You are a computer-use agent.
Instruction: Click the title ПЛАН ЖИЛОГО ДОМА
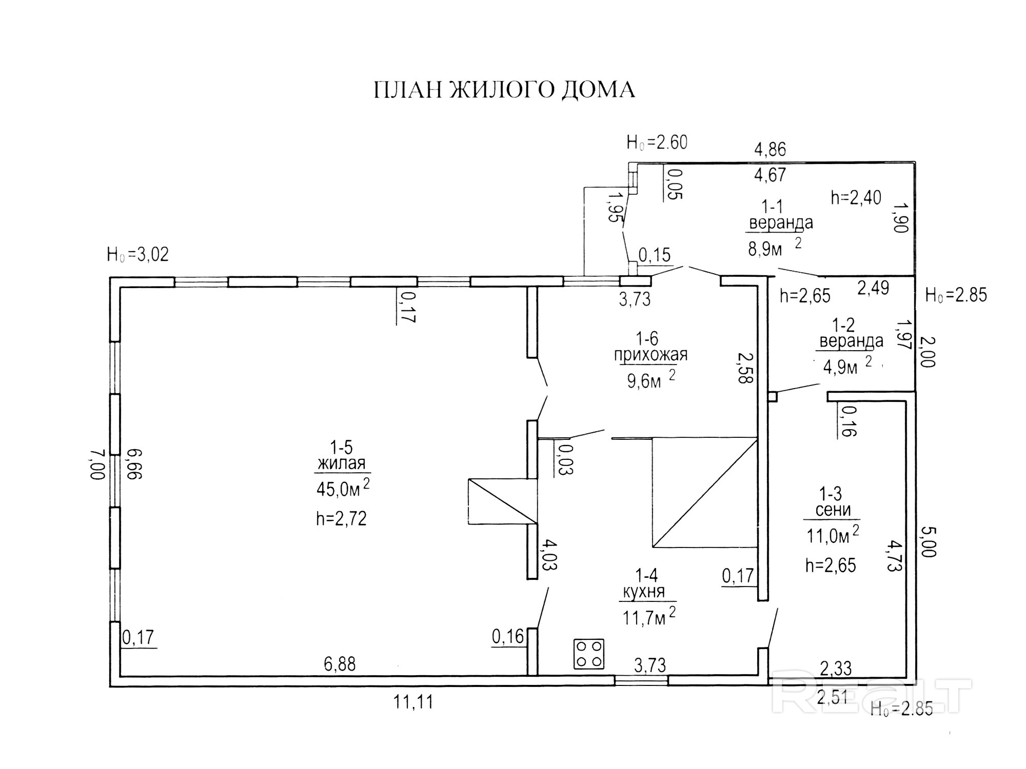pyautogui.click(x=504, y=90)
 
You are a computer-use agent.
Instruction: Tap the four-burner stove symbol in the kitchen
pyautogui.click(x=589, y=654)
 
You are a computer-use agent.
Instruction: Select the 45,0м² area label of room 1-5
pyautogui.click(x=342, y=489)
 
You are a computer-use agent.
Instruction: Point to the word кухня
pyautogui.click(x=643, y=592)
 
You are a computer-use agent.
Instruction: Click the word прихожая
pyautogui.click(x=650, y=355)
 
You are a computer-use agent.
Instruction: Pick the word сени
pyautogui.click(x=833, y=510)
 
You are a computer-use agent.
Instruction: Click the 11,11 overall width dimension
pyautogui.click(x=413, y=702)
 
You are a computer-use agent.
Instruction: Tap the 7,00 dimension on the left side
pyautogui.click(x=98, y=464)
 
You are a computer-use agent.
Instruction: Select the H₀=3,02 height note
pyautogui.click(x=137, y=255)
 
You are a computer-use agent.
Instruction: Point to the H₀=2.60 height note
pyautogui.click(x=657, y=143)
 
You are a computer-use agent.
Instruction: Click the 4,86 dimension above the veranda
pyautogui.click(x=769, y=149)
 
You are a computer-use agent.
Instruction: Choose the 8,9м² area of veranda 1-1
pyautogui.click(x=774, y=249)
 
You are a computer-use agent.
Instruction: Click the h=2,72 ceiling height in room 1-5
pyautogui.click(x=341, y=519)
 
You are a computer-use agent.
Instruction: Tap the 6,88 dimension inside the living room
pyautogui.click(x=340, y=664)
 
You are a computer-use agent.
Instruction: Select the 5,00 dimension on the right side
pyautogui.click(x=929, y=541)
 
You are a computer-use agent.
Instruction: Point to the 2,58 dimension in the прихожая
pyautogui.click(x=744, y=368)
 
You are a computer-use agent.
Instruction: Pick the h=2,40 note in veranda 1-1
pyautogui.click(x=856, y=197)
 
